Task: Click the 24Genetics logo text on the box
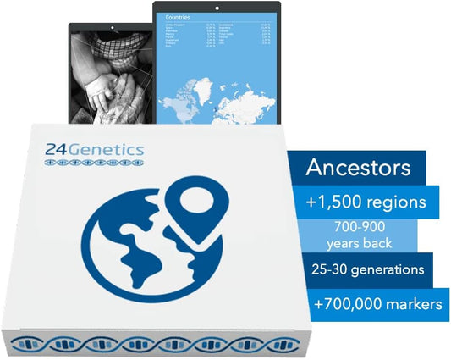click(x=95, y=150)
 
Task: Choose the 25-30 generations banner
click(x=367, y=269)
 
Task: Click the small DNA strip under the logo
click(x=95, y=165)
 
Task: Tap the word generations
click(x=388, y=269)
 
